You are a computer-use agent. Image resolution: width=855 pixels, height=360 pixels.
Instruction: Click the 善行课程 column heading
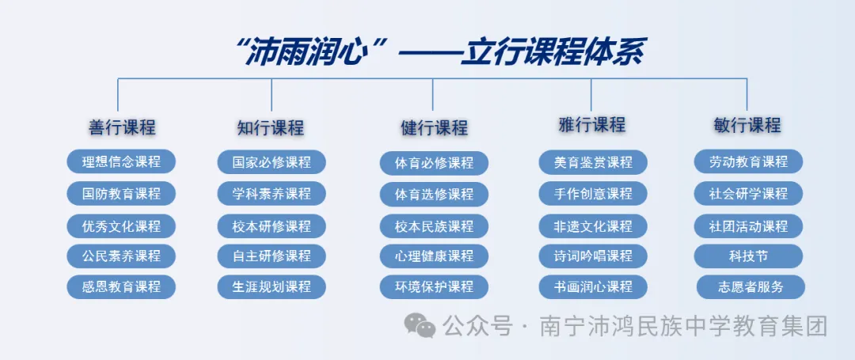(122, 127)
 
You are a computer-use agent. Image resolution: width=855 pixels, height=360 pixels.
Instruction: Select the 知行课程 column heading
(271, 127)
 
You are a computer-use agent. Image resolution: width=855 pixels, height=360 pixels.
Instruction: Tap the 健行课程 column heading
(434, 127)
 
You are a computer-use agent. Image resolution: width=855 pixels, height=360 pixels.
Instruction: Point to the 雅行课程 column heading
(592, 125)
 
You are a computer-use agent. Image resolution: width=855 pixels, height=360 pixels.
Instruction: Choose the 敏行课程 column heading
(747, 125)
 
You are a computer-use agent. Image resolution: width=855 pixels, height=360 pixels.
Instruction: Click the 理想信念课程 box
(121, 161)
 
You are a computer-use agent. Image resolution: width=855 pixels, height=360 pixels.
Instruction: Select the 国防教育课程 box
(121, 193)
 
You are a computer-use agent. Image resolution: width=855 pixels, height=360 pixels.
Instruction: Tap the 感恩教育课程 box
(121, 286)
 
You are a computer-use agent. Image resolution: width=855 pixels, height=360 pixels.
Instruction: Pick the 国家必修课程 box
(272, 162)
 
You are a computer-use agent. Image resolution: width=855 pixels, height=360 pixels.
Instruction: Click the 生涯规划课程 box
(272, 286)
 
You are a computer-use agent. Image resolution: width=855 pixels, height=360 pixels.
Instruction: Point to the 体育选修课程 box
(434, 194)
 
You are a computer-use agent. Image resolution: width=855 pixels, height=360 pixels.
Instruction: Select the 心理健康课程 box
(434, 256)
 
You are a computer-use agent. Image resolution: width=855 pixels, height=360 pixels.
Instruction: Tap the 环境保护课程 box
(434, 286)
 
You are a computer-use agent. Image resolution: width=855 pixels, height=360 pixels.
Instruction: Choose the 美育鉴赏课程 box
(593, 163)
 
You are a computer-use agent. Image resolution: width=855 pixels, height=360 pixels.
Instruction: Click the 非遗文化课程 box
(593, 226)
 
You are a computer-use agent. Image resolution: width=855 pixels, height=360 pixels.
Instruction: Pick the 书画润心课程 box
(593, 286)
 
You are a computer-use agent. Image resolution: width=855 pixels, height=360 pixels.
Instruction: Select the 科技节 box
(748, 256)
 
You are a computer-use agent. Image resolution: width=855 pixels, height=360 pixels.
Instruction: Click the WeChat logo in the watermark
(420, 324)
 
